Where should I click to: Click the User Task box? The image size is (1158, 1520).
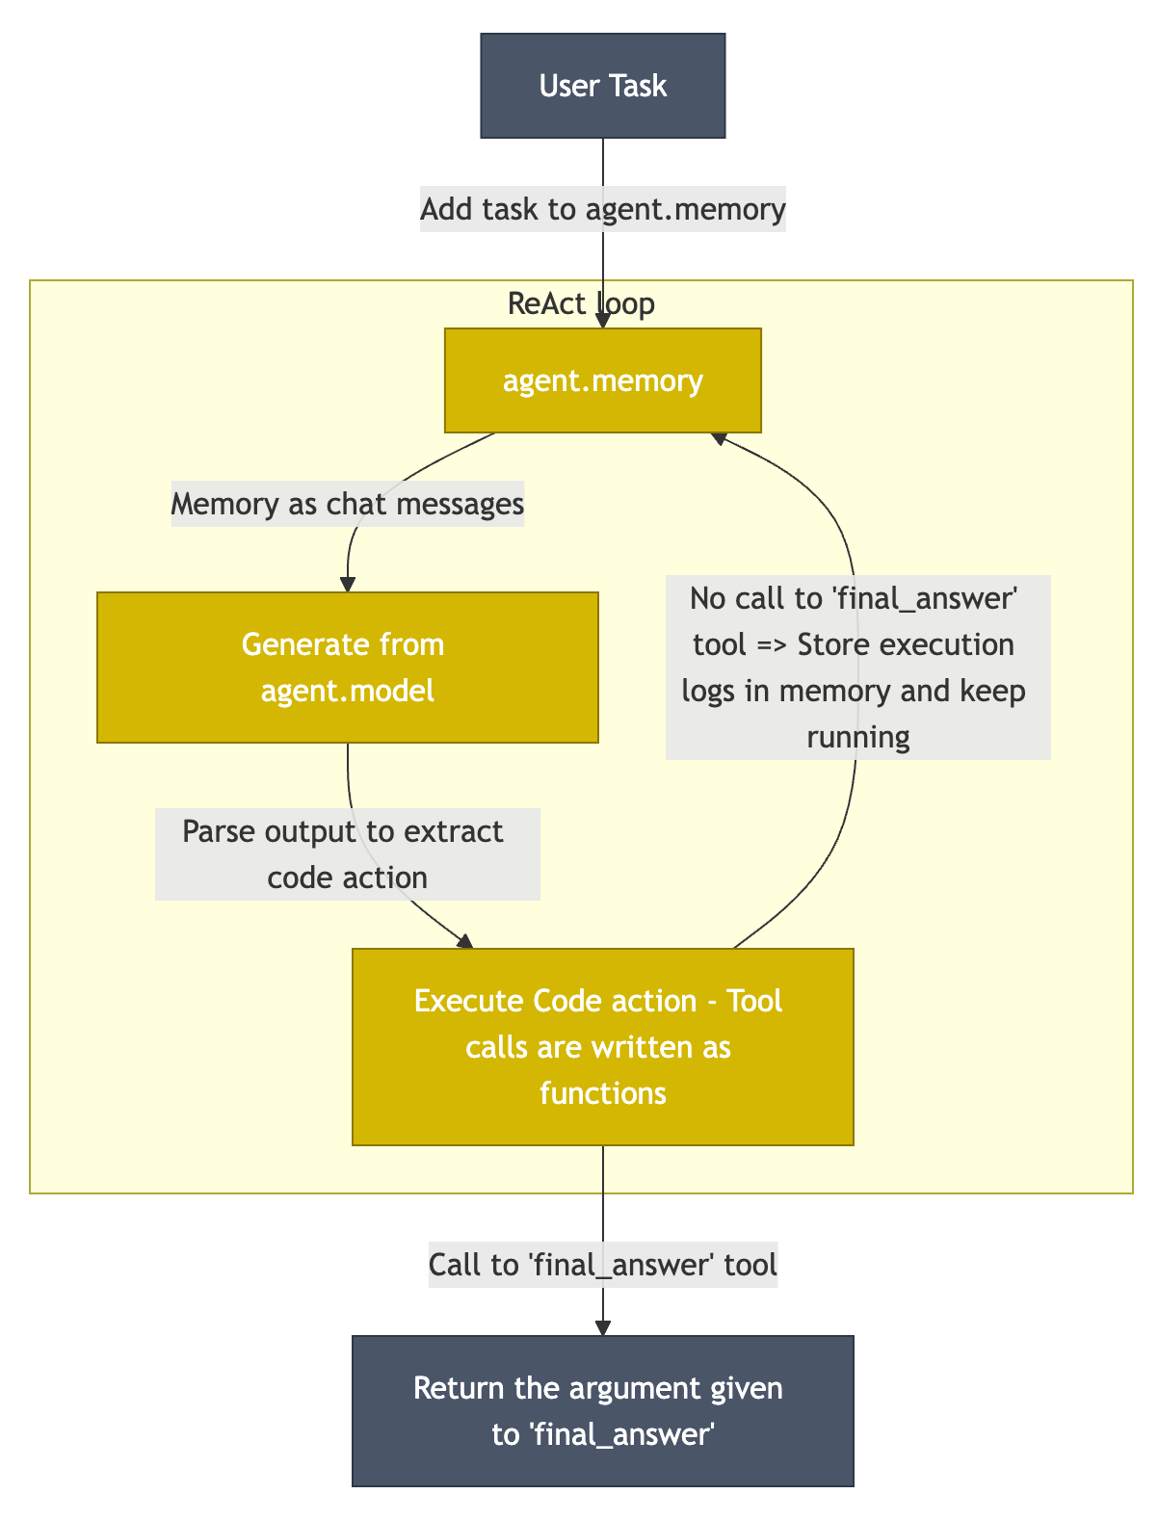tap(602, 86)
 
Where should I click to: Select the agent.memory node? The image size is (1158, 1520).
tap(602, 380)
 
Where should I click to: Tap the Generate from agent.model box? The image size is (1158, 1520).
tap(347, 667)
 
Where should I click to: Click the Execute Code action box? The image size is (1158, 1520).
tap(602, 1046)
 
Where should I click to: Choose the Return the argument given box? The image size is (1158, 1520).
tap(602, 1410)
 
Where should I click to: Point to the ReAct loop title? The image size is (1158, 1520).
tap(581, 303)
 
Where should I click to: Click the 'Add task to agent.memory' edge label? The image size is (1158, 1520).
tap(603, 209)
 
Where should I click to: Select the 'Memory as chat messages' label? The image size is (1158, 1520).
tap(347, 504)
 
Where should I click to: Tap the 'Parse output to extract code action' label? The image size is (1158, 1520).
tap(347, 854)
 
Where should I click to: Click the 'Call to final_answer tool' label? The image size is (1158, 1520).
tap(602, 1264)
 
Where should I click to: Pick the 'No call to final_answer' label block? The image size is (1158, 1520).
tap(857, 668)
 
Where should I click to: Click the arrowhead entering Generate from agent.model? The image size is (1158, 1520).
tap(347, 584)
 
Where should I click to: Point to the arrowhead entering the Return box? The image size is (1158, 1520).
tap(602, 1327)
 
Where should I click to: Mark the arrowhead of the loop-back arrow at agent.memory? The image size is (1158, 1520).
tap(719, 437)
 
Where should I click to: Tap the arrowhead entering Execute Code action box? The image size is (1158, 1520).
tap(465, 941)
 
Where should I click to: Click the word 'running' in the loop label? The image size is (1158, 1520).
tap(857, 737)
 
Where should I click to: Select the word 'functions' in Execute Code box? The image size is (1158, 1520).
tap(602, 1093)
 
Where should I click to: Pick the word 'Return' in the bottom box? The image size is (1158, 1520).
tap(455, 1388)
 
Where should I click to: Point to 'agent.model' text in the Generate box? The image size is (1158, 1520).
tap(347, 691)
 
